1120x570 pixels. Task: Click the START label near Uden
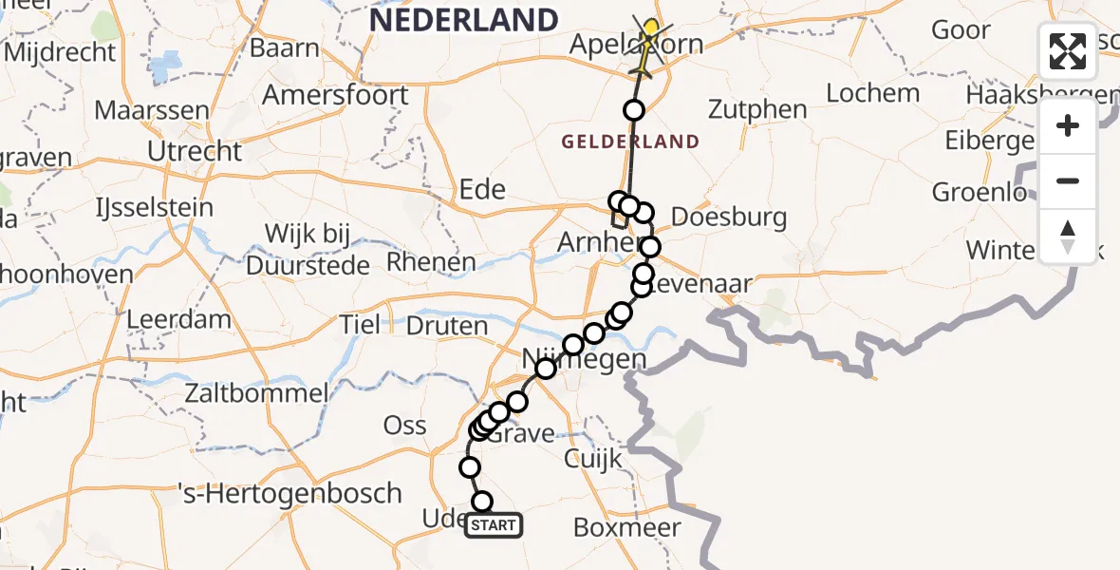pos(493,525)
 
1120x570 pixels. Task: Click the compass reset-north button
pos(1068,236)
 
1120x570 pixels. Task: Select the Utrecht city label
pos(195,151)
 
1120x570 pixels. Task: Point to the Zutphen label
pos(757,109)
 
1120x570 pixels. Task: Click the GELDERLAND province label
pos(630,142)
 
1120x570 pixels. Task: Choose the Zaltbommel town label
pos(257,392)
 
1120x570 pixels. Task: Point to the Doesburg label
pos(728,217)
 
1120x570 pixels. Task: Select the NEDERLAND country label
pos(463,20)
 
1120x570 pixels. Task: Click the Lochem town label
pos(872,93)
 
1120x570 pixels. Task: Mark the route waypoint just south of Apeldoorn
pos(633,110)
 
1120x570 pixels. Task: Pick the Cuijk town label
pos(592,459)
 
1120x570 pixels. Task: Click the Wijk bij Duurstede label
pos(308,249)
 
